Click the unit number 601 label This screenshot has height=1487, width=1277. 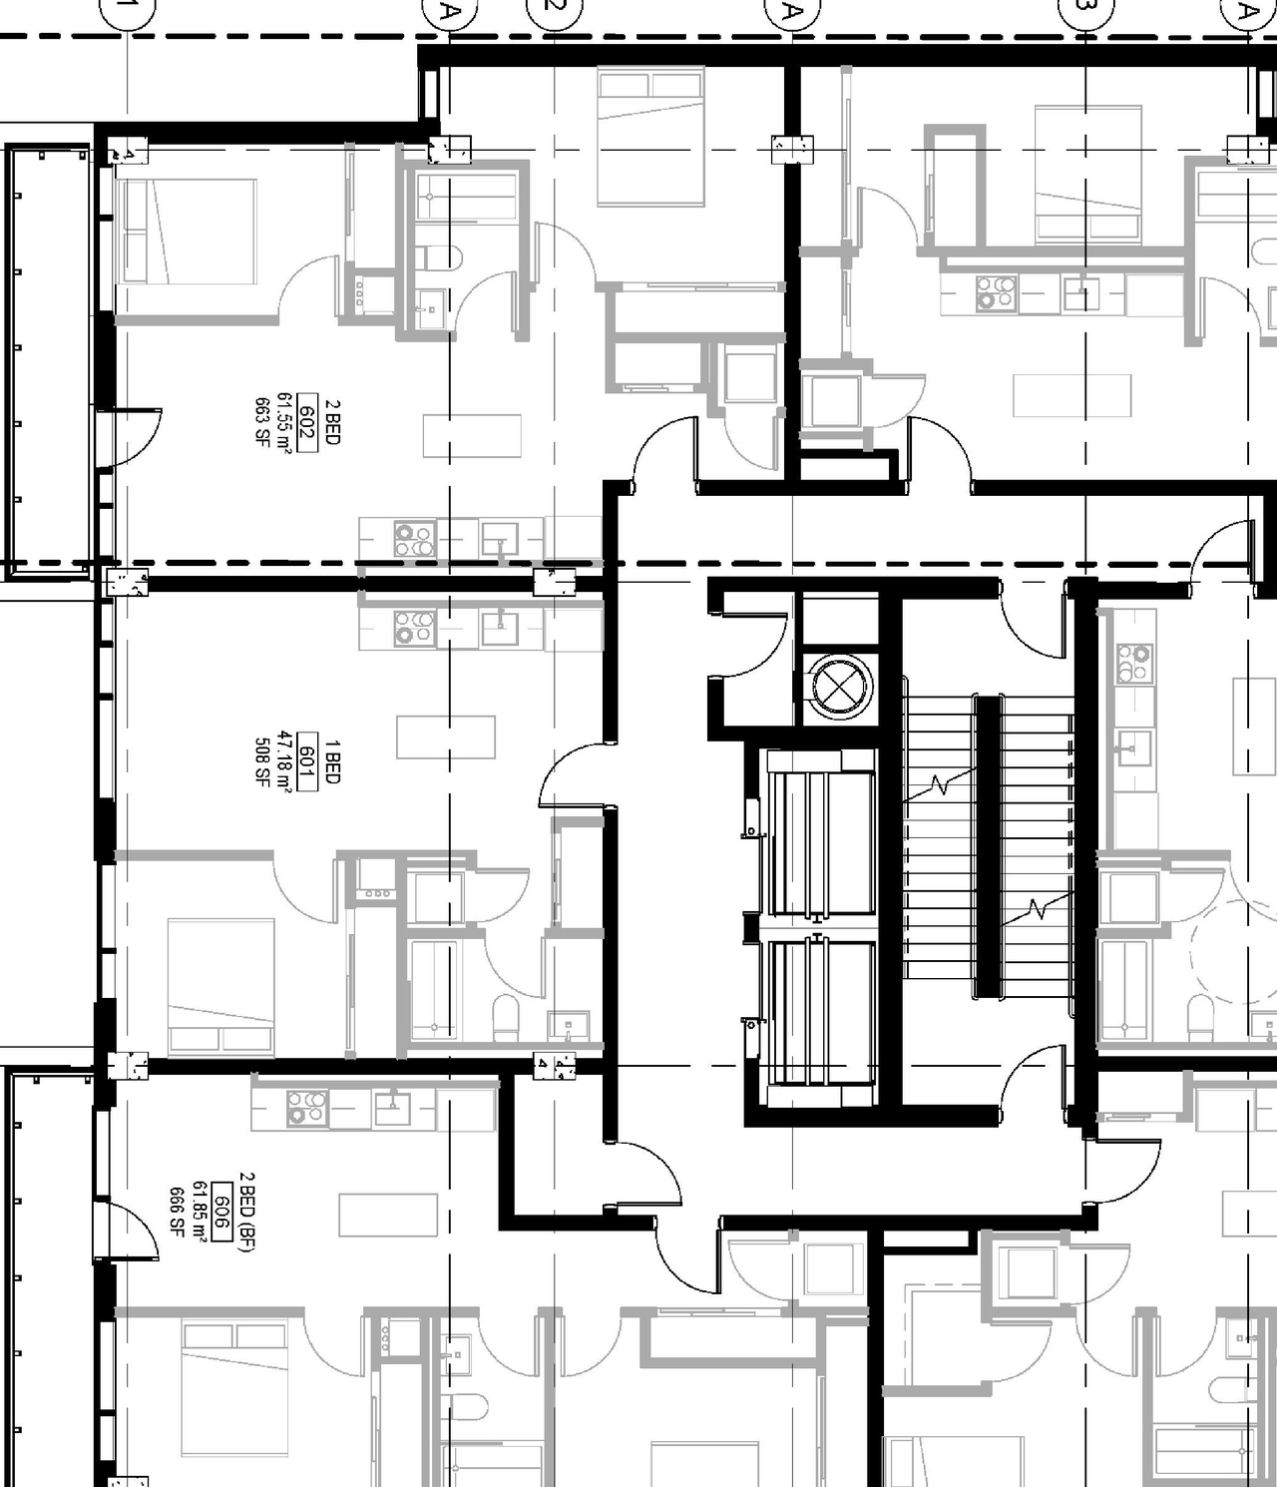pyautogui.click(x=307, y=761)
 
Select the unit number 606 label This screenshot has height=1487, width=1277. pyautogui.click(x=221, y=1215)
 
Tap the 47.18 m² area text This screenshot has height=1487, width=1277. pyautogui.click(x=285, y=761)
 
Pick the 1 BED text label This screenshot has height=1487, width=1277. pyautogui.click(x=332, y=761)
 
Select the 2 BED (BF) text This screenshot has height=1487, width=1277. pyautogui.click(x=245, y=1212)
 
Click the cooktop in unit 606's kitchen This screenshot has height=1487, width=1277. pyautogui.click(x=306, y=1109)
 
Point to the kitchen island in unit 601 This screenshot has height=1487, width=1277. pyautogui.click(x=446, y=738)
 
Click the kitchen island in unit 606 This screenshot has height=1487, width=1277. pyautogui.click(x=388, y=1215)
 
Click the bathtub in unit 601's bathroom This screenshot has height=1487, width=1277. pyautogui.click(x=433, y=988)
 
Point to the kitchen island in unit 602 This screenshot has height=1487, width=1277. pyautogui.click(x=472, y=435)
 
